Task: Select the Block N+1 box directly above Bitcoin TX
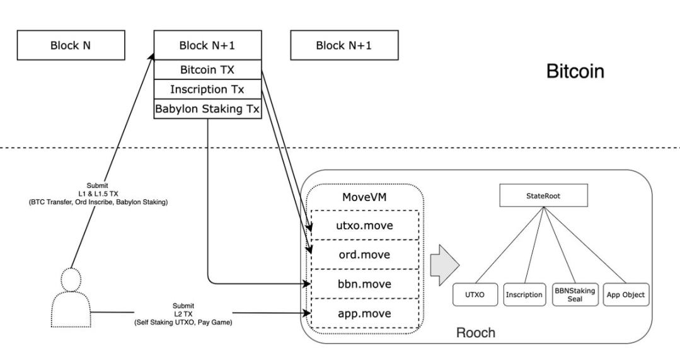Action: point(207,45)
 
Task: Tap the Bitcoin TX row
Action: point(207,69)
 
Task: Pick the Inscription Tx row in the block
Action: point(207,89)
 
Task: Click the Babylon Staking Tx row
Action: point(207,108)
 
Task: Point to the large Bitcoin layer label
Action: point(574,71)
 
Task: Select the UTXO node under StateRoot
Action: point(475,294)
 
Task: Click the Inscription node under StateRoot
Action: point(524,294)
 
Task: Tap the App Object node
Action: point(625,294)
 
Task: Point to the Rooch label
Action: point(476,332)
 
